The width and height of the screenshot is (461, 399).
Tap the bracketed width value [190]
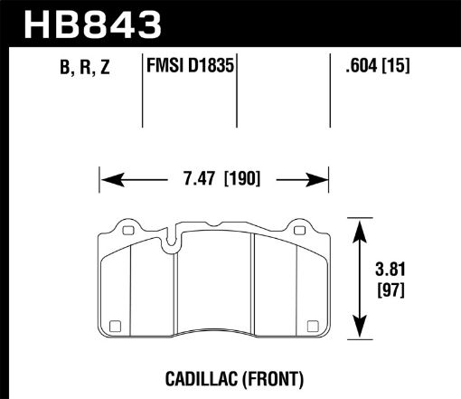240,177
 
